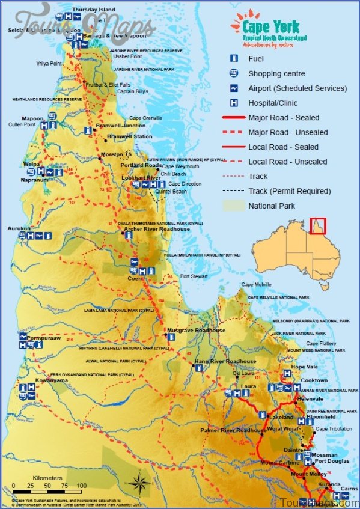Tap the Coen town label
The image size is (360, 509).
[x=135, y=279]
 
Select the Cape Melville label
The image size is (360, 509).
[x=255, y=284]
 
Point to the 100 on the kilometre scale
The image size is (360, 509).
[x=81, y=486]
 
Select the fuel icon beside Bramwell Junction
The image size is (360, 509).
[x=88, y=129]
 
